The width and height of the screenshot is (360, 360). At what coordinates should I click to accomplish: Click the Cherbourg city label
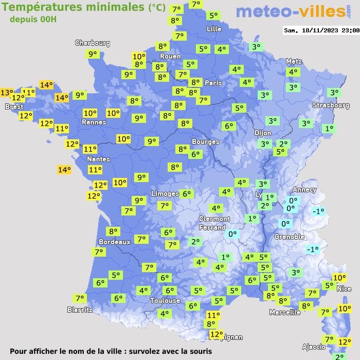pyautogui.click(x=93, y=43)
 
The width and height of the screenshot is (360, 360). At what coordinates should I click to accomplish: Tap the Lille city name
pyautogui.click(x=214, y=29)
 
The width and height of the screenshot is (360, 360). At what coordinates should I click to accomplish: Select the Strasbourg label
pyautogui.click(x=331, y=105)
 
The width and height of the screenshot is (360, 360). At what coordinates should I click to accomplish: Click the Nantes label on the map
pyautogui.click(x=98, y=159)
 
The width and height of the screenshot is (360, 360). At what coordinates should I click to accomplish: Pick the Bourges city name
pyautogui.click(x=205, y=141)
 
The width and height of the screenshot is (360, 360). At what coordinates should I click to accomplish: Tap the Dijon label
pyautogui.click(x=263, y=133)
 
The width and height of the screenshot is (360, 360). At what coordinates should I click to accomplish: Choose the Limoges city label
pyautogui.click(x=165, y=193)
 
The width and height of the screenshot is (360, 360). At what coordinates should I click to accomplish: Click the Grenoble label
pyautogui.click(x=290, y=237)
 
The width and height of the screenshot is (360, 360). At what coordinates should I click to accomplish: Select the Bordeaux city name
pyautogui.click(x=114, y=241)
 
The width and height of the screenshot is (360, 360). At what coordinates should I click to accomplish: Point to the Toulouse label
pyautogui.click(x=165, y=300)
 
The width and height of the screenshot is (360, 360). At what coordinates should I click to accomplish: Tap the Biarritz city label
pyautogui.click(x=80, y=310)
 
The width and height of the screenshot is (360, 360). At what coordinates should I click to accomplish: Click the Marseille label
pyautogui.click(x=285, y=312)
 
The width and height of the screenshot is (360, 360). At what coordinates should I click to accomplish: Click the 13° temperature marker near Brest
pyautogui.click(x=7, y=93)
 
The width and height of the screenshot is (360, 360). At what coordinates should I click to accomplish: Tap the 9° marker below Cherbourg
pyautogui.click(x=93, y=54)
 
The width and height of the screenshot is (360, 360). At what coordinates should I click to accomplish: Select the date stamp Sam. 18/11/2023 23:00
pyautogui.click(x=321, y=30)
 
